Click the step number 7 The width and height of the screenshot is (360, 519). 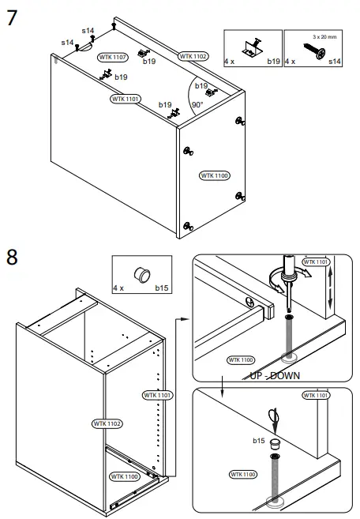click(x=12, y=17)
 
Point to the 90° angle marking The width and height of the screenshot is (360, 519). click(x=197, y=104)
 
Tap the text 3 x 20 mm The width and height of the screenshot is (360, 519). click(x=324, y=36)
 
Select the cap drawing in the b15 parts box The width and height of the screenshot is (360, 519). click(x=144, y=273)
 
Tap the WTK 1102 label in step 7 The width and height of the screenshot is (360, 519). click(x=193, y=56)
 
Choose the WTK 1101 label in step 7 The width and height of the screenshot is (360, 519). click(x=126, y=99)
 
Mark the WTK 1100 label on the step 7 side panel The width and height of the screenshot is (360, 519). click(x=214, y=175)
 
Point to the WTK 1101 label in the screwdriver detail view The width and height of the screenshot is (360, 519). click(x=317, y=261)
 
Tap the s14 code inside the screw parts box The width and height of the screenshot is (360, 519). click(x=335, y=61)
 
